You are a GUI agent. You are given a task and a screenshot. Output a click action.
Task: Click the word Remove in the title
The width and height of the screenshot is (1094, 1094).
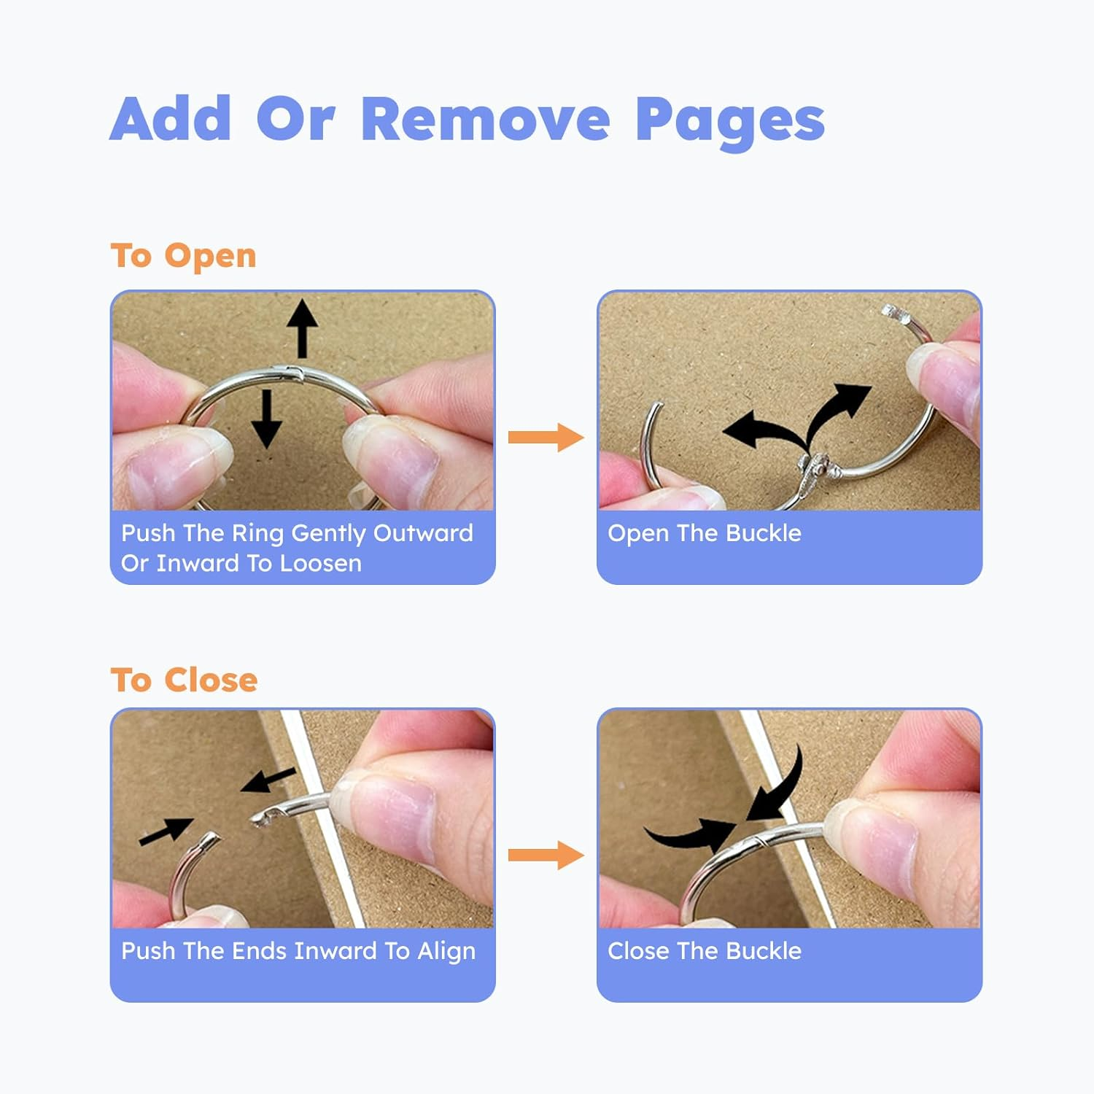[x=485, y=118]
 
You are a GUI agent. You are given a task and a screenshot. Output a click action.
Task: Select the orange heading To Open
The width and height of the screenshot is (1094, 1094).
[x=184, y=256]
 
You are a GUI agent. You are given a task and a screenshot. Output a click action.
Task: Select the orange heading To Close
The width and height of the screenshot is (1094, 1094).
[x=185, y=680]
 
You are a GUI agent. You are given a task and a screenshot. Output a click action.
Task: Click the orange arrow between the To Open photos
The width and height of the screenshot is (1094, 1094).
[x=546, y=437]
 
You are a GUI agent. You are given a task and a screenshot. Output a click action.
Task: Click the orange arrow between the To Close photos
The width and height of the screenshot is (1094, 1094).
[x=546, y=855]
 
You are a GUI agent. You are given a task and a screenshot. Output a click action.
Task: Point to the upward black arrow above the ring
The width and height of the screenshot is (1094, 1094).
[x=302, y=329]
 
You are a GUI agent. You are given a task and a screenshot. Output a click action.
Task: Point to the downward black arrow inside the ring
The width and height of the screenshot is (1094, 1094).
[x=266, y=419]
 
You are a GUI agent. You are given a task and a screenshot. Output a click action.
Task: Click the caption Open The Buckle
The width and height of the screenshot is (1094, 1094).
[x=705, y=533]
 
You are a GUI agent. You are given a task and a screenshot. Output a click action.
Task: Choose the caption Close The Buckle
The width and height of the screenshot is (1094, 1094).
[x=705, y=951]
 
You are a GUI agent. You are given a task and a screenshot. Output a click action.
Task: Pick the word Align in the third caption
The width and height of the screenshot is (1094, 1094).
[x=446, y=952]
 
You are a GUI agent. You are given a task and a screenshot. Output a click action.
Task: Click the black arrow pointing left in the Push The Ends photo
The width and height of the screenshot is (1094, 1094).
[x=268, y=780]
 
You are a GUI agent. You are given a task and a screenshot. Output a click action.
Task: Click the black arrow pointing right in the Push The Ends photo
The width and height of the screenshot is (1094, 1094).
[x=166, y=831]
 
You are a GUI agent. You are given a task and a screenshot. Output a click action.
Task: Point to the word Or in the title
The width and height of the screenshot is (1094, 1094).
[x=295, y=118]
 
